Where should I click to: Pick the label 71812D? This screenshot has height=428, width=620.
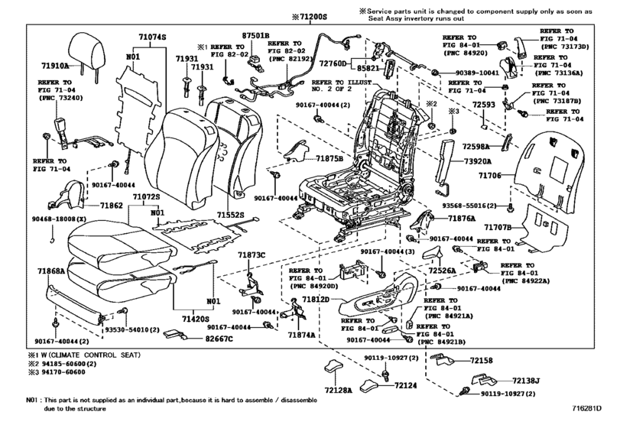tap(312, 299)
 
